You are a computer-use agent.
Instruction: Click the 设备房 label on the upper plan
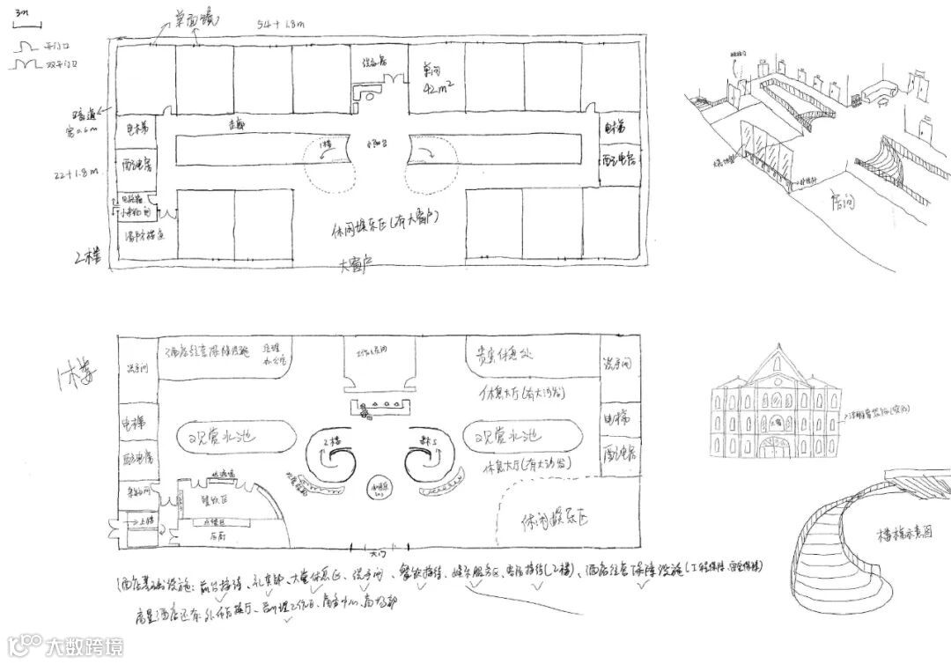[375, 62]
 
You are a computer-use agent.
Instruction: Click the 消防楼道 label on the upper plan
[141, 236]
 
